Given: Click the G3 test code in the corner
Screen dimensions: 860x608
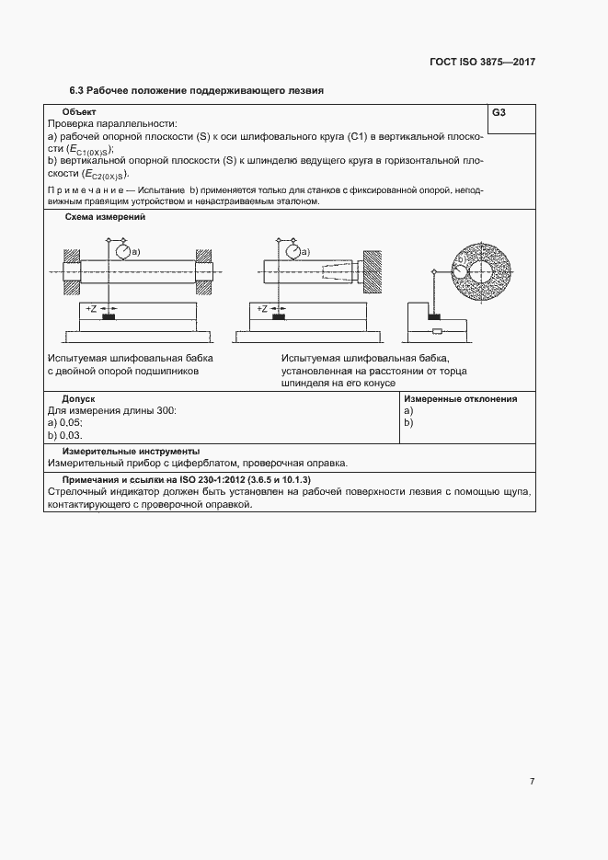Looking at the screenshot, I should pyautogui.click(x=499, y=113).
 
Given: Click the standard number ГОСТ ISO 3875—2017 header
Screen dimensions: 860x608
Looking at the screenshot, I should pyautogui.click(x=482, y=63).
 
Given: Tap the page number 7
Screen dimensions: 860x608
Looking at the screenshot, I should pyautogui.click(x=532, y=782).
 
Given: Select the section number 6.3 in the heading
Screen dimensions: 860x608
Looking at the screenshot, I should pyautogui.click(x=78, y=91).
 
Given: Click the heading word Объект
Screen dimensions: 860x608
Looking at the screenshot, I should pyautogui.click(x=78, y=112).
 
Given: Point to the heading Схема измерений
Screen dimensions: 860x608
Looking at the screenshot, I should pyautogui.click(x=104, y=218).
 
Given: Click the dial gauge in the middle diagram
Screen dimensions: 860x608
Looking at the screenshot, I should pyautogui.click(x=293, y=250).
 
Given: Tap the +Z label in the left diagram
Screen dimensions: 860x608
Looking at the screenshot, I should pyautogui.click(x=90, y=310).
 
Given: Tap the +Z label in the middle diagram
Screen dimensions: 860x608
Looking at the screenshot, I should pyautogui.click(x=262, y=310).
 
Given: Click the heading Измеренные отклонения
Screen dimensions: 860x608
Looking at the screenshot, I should pyautogui.click(x=460, y=399).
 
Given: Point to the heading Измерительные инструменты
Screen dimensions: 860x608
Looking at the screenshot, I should pyautogui.click(x=131, y=452).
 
